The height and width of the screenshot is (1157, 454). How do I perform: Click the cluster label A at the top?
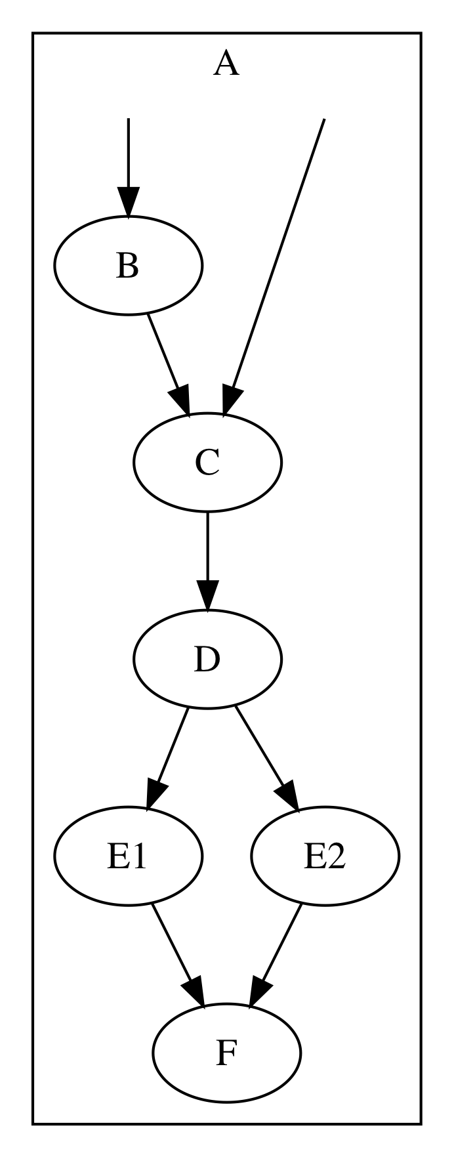coord(226,65)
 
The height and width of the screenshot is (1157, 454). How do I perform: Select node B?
coord(128,266)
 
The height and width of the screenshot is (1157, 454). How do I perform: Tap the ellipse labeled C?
coord(207,462)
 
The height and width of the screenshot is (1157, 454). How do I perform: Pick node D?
coord(207,659)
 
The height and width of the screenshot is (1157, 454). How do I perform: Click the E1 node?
coord(128,856)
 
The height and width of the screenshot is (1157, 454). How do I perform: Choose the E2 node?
coord(324,856)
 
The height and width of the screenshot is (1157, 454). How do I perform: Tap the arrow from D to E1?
coord(169,755)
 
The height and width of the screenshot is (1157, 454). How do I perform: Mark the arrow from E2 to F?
coord(277,952)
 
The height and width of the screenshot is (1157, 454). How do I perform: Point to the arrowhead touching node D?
coord(207,597)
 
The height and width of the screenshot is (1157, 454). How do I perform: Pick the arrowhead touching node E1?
coord(155,793)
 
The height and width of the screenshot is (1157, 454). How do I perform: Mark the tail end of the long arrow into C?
coord(323,121)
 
